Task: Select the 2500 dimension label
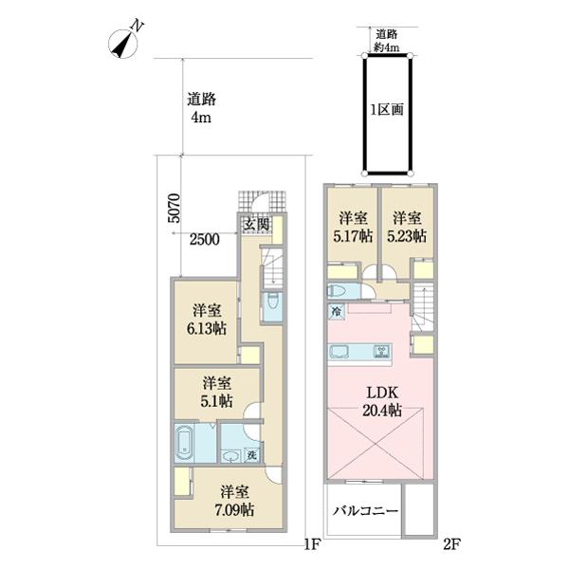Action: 205,240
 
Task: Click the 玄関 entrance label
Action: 257,224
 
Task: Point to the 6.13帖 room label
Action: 207,320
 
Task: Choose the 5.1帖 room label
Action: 217,392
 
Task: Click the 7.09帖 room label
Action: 234,501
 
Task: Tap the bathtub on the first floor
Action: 185,443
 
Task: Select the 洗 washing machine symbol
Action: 252,455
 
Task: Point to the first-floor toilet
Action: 272,302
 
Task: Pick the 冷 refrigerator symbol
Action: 337,311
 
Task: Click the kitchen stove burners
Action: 382,351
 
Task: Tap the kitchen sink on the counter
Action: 339,351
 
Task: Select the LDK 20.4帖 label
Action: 382,402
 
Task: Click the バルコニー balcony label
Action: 366,511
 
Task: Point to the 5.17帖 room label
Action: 353,228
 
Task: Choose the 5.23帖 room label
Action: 407,228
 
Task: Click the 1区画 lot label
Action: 387,109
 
